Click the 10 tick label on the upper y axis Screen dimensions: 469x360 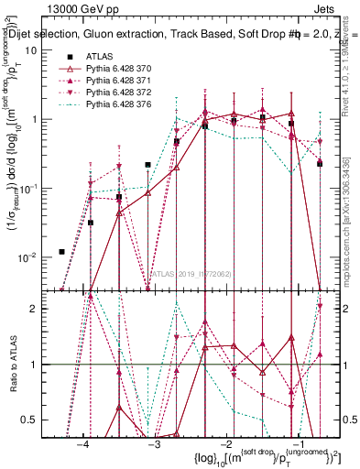[x=30, y=50]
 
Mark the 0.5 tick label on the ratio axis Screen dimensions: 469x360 [x=27, y=420]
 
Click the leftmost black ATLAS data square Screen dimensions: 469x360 [x=61, y=252]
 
